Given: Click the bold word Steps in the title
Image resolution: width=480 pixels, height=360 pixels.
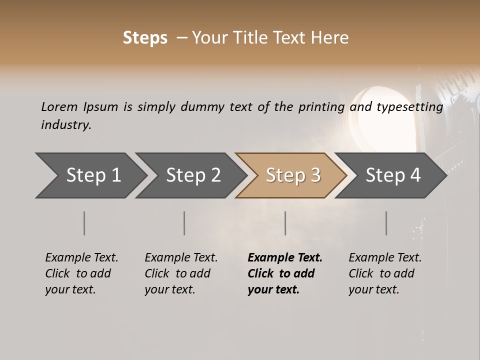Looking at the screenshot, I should pyautogui.click(x=145, y=38).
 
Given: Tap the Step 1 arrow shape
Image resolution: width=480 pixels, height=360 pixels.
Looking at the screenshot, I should pyautogui.click(x=90, y=175).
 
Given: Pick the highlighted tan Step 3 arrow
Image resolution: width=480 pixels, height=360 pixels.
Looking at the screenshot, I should pyautogui.click(x=292, y=175).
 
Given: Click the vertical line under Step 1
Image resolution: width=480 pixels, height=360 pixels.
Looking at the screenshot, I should pyautogui.click(x=84, y=223).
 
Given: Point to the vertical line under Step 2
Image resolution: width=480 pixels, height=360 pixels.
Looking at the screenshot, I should pyautogui.click(x=184, y=223).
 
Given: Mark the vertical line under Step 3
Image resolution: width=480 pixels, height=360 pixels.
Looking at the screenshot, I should pyautogui.click(x=285, y=223).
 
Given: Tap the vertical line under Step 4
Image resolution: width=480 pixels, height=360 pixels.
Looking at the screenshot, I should pyautogui.click(x=386, y=223).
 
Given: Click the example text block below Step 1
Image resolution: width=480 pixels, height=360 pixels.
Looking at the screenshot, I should pyautogui.click(x=81, y=273).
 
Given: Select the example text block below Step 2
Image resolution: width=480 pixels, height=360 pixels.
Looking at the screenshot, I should pyautogui.click(x=181, y=273).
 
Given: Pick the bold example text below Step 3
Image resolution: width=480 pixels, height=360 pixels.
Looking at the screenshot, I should pyautogui.click(x=285, y=273).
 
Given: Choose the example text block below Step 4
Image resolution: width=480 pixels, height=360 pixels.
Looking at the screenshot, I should pyautogui.click(x=385, y=273).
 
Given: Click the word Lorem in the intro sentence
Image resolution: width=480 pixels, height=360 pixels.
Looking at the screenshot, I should pyautogui.click(x=59, y=106).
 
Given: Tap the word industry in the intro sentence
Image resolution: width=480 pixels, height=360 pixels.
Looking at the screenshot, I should pyautogui.click(x=66, y=124).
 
